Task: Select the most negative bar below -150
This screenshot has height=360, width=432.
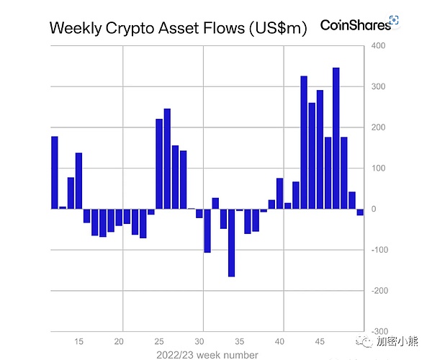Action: pyautogui.click(x=231, y=243)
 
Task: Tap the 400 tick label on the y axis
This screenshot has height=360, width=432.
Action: pyautogui.click(x=379, y=46)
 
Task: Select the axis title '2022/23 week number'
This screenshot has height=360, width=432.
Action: pyautogui.click(x=207, y=354)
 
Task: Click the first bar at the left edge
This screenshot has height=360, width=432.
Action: pyautogui.click(x=55, y=172)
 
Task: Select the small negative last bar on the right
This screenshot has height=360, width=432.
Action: pyautogui.click(x=360, y=212)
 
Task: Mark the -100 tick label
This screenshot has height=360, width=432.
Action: pyautogui.click(x=377, y=250)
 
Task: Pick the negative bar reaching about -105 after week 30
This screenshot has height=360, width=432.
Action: pyautogui.click(x=207, y=230)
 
